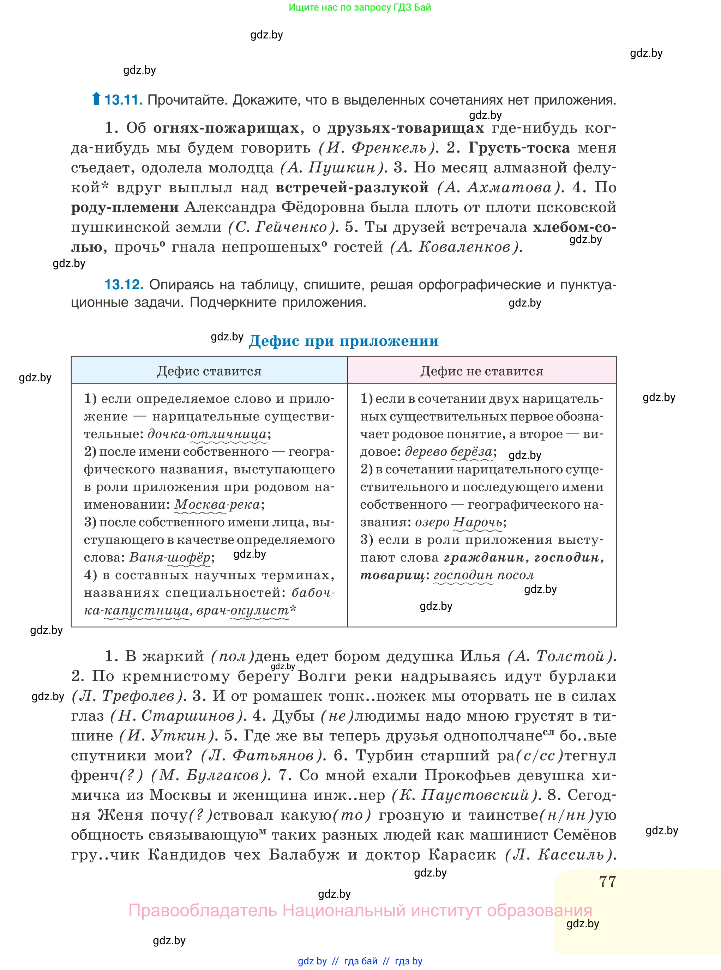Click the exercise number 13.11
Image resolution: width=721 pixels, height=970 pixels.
coord(123,100)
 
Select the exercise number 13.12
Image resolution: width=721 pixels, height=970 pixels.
coord(124,285)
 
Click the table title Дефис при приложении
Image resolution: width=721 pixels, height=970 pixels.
coord(343,341)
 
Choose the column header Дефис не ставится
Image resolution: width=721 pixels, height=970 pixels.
coord(482,371)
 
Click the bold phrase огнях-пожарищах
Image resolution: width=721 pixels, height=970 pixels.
coord(226,128)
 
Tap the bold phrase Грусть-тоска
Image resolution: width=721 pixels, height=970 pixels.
coord(519,148)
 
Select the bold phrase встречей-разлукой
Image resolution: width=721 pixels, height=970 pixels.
coord(352,188)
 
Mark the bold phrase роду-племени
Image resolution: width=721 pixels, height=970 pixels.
coord(125,207)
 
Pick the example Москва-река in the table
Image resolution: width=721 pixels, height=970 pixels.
coord(217,505)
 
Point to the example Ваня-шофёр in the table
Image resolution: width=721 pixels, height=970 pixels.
coord(170,557)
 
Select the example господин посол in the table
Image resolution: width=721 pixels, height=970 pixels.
coord(483,575)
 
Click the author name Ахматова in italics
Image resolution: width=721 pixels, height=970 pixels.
coord(509,188)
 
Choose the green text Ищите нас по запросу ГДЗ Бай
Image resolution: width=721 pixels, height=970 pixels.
coord(360,7)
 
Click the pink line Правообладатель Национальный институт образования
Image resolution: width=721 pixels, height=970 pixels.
coord(360,910)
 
